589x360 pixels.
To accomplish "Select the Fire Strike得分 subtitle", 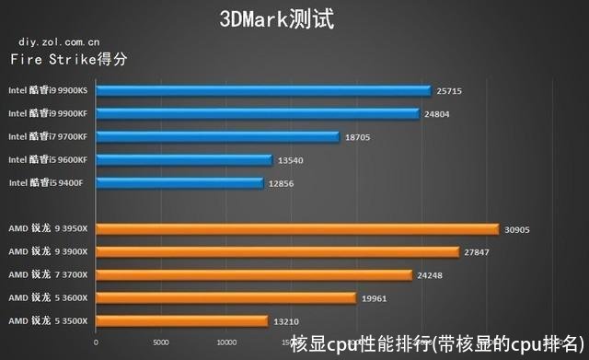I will (68, 60).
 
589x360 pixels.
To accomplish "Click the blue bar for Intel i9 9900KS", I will (263, 90).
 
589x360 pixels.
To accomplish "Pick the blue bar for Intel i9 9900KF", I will (258, 113).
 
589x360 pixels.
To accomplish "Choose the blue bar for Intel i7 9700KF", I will (218, 136).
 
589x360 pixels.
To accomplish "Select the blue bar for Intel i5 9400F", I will (179, 182).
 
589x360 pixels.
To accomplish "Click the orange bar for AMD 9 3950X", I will (296, 229).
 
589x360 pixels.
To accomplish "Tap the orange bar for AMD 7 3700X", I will (253, 274).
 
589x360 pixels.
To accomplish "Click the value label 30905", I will (522, 229).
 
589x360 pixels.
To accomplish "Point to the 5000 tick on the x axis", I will (160, 338).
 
